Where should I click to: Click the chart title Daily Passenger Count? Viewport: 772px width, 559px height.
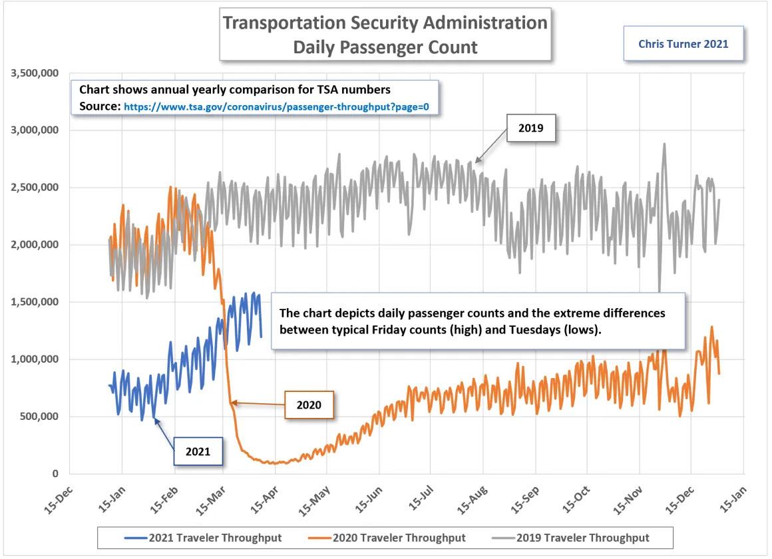coord(385,47)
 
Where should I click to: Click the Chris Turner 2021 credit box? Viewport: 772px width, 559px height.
coord(683,45)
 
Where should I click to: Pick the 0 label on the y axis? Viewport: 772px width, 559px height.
coord(56,474)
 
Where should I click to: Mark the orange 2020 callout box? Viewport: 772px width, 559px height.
coord(308,405)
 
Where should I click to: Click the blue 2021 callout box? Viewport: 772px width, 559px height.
coord(197,451)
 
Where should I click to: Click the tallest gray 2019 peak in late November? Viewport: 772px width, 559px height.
coord(664,144)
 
